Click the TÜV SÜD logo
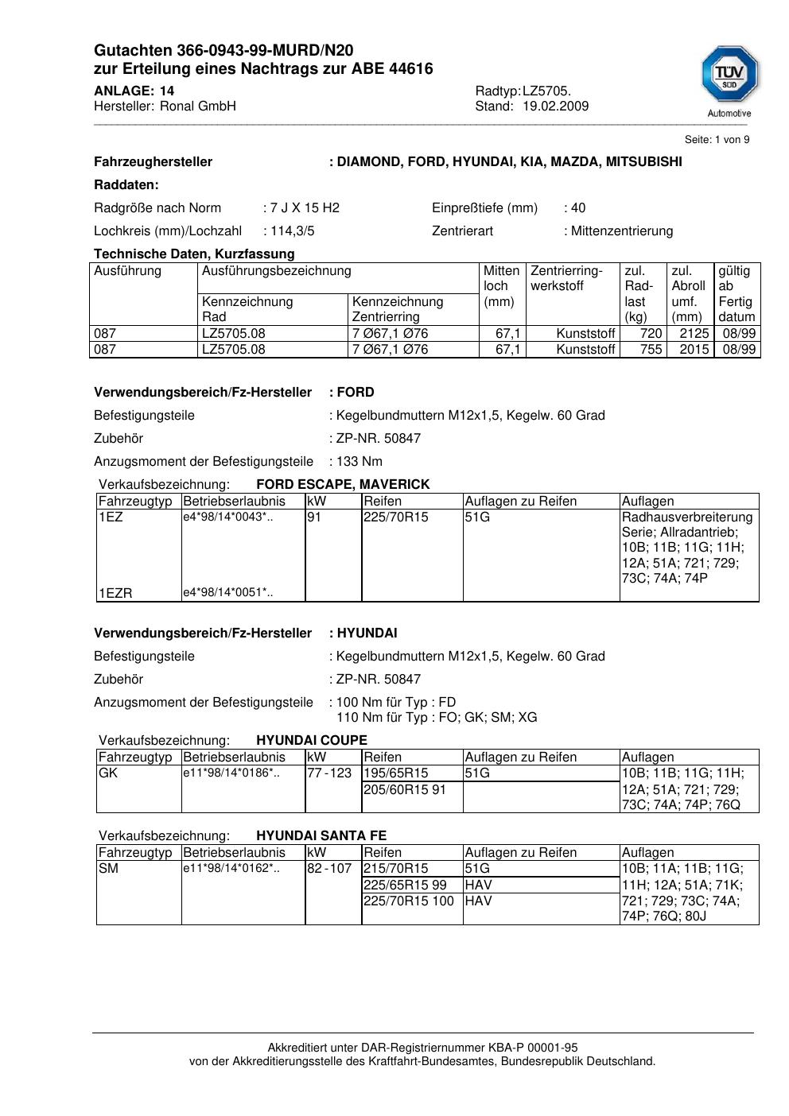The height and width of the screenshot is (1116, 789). point(729,79)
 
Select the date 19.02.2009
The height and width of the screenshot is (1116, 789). point(555,107)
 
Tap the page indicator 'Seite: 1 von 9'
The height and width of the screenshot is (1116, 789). point(717,140)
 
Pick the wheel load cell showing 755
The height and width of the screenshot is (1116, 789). point(651,350)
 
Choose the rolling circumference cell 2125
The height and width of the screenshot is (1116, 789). point(694,334)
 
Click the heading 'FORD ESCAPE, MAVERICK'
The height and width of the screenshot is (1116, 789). point(343,485)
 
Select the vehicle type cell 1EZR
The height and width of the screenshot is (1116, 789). point(115,593)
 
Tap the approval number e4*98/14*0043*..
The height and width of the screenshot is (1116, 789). point(228,517)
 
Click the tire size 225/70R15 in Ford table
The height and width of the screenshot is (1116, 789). point(396,517)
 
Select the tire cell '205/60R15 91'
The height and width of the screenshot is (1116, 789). point(405,789)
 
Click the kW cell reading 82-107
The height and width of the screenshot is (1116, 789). point(329,869)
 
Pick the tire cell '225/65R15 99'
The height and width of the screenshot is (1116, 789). point(405,885)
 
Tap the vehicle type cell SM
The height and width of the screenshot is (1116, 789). point(108,869)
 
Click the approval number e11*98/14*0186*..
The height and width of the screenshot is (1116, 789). point(231,773)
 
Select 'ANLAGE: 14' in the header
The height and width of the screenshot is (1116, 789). point(134,91)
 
